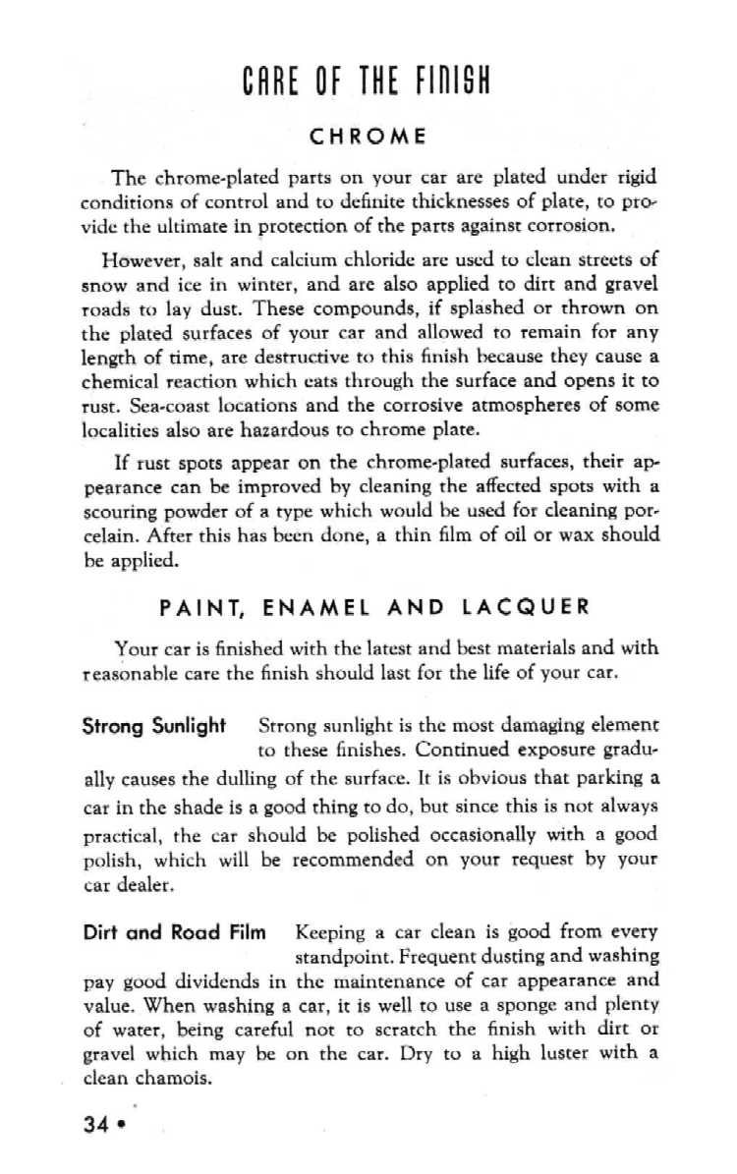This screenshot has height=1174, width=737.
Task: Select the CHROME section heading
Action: (368, 138)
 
